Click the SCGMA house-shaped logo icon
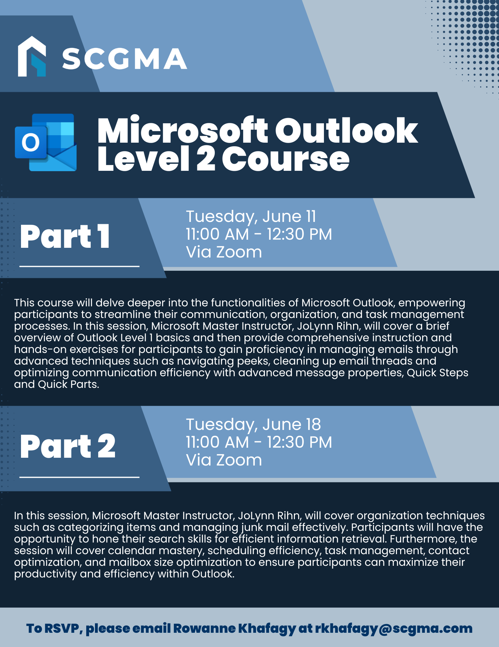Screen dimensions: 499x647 32,56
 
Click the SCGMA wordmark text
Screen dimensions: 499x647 125,59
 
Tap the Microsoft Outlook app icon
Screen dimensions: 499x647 46,142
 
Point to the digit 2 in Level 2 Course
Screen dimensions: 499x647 206,159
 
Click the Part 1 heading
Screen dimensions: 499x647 65,236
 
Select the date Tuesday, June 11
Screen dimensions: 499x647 251,216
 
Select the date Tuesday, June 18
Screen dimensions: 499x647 254,424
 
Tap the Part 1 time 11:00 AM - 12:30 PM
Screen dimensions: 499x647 259,234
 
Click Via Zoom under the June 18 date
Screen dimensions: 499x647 224,460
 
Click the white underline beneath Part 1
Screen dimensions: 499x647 79,266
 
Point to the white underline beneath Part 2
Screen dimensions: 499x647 79,477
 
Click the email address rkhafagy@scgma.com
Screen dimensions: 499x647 394,629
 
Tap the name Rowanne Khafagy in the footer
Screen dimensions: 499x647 234,629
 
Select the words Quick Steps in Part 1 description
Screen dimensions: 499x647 437,373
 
